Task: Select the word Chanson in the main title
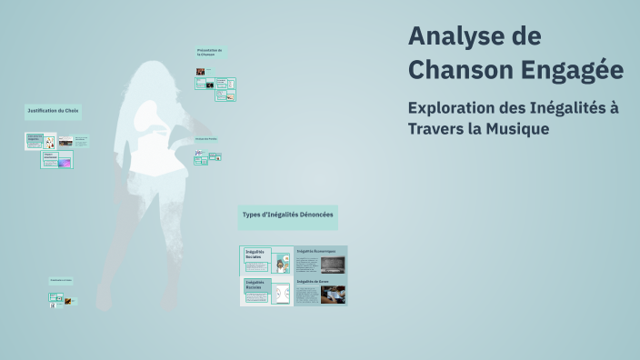pyautogui.click(x=460, y=68)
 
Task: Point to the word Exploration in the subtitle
pyautogui.click(x=457, y=107)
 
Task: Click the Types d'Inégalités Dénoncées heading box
pyautogui.click(x=287, y=215)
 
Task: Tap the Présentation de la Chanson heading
pyautogui.click(x=209, y=52)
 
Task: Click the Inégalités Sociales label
pyautogui.click(x=254, y=254)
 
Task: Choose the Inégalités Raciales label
pyautogui.click(x=254, y=285)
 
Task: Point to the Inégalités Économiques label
pyautogui.click(x=316, y=250)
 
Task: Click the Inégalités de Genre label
pyautogui.click(x=312, y=282)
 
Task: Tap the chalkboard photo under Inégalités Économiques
pyautogui.click(x=333, y=265)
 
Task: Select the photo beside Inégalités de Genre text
pyautogui.click(x=333, y=295)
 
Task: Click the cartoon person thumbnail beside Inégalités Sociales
pyautogui.click(x=283, y=264)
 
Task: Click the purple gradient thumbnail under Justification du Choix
pyautogui.click(x=65, y=164)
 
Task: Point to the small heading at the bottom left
pyautogui.click(x=60, y=280)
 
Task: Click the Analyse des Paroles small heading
pyautogui.click(x=205, y=138)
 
